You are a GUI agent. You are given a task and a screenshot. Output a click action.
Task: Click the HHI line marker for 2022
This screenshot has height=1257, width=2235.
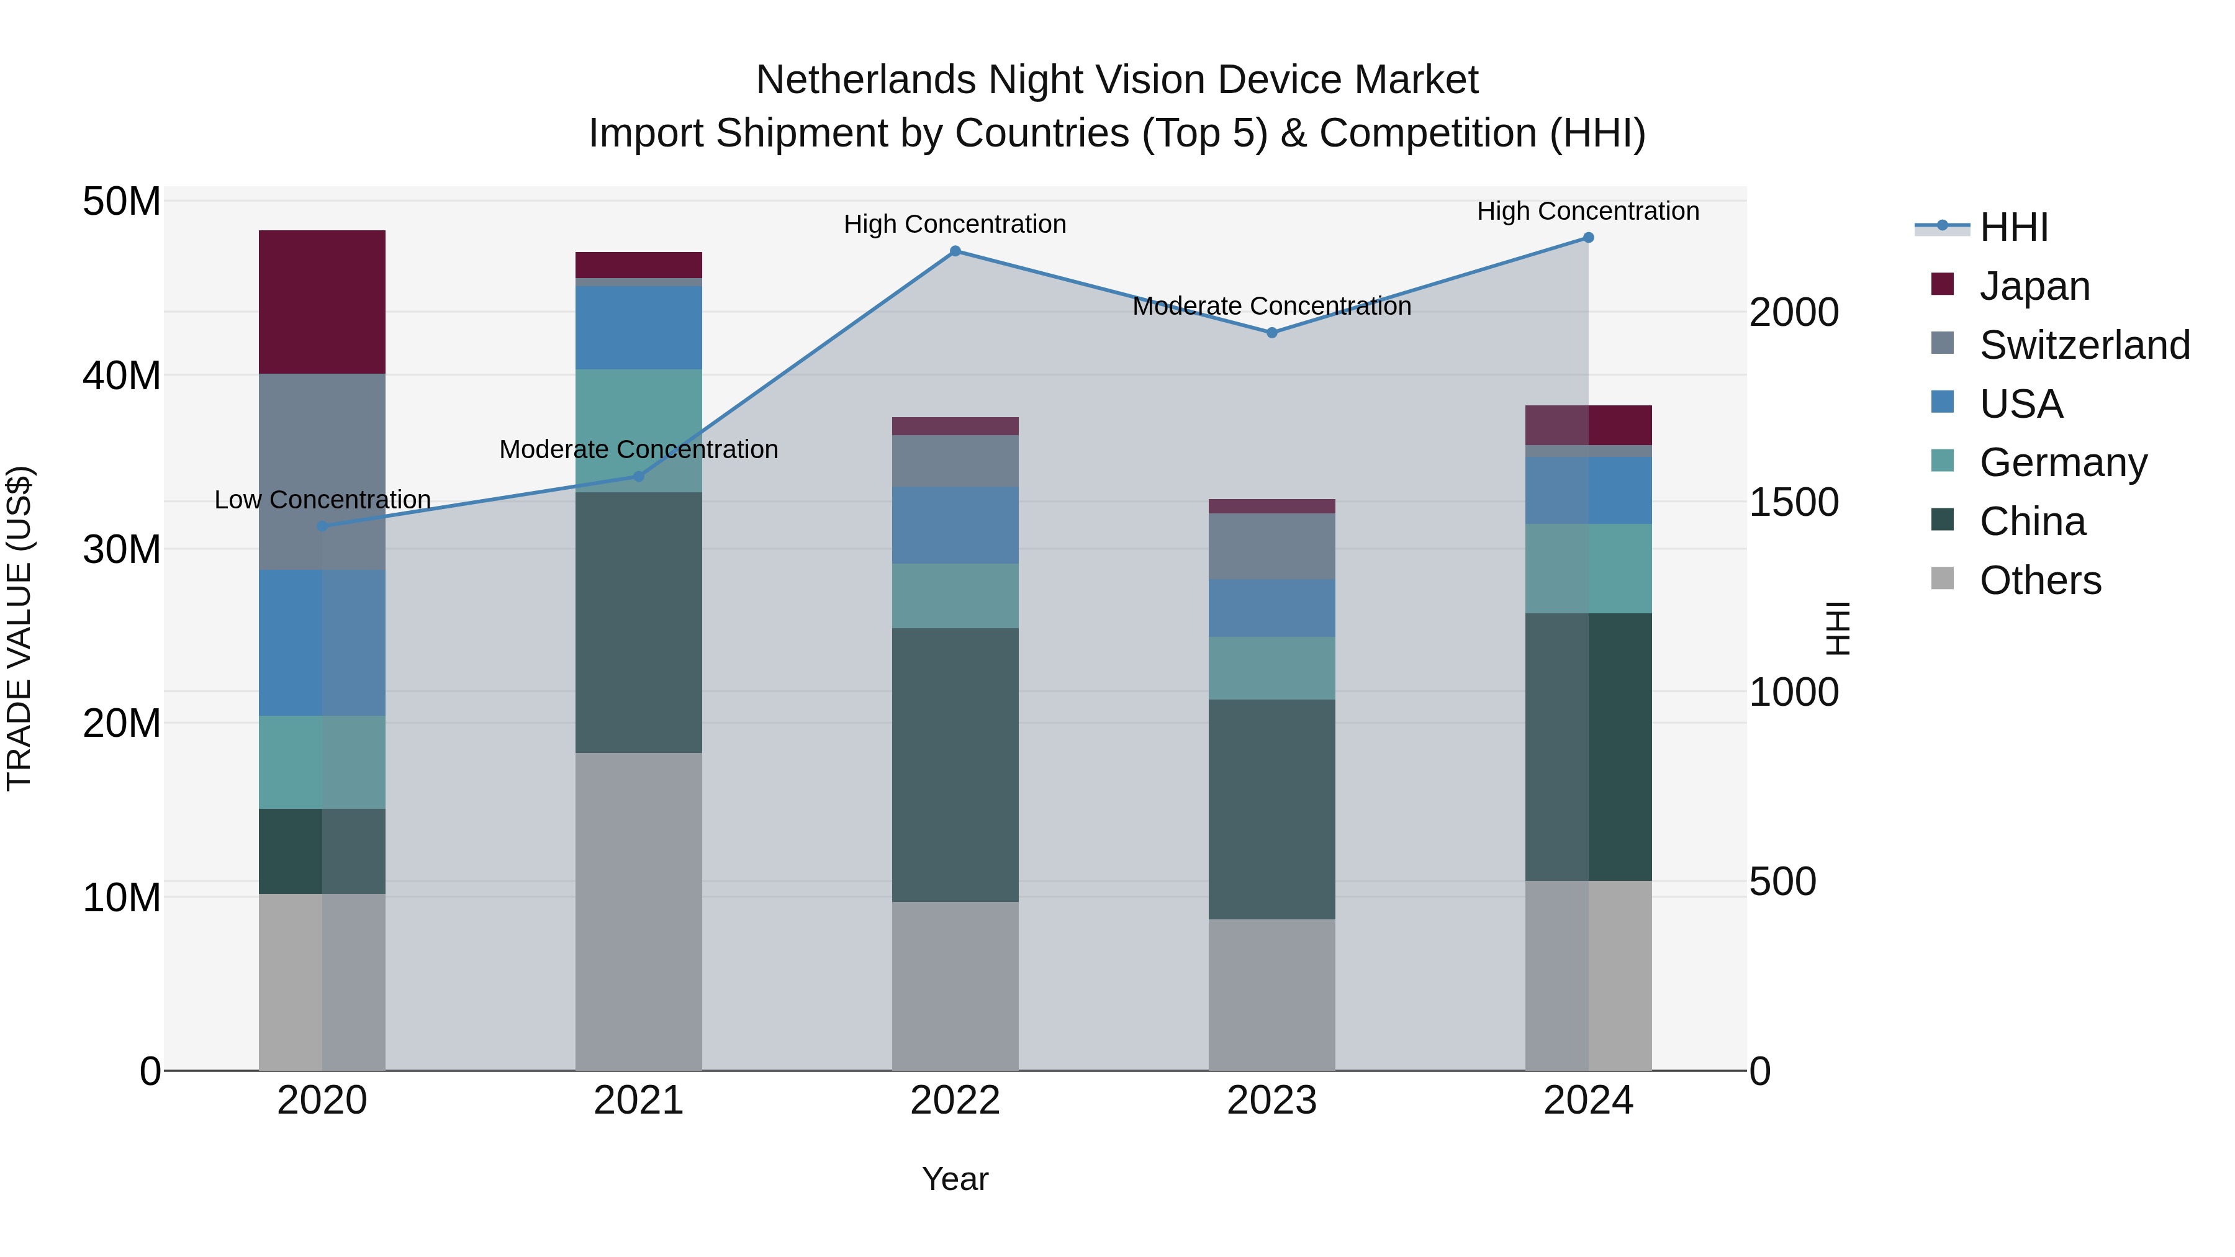pos(954,251)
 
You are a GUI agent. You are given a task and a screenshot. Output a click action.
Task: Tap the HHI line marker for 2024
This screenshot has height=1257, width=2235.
pos(1587,237)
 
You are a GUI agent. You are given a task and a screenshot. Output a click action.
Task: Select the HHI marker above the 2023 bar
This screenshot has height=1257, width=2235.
pos(1271,332)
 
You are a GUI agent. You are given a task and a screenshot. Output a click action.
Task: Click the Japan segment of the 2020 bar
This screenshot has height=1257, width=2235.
pos(322,302)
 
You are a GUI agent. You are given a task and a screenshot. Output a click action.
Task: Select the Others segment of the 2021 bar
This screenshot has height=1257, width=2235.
pos(639,911)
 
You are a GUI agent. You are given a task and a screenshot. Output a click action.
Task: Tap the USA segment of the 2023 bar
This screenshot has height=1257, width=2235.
pos(1271,608)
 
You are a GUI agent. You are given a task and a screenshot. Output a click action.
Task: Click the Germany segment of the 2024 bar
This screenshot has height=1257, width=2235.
pos(1587,568)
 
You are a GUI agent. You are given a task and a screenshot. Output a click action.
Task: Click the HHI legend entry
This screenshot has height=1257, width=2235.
pos(2013,227)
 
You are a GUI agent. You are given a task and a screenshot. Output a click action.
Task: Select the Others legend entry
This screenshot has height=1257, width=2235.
pos(2039,580)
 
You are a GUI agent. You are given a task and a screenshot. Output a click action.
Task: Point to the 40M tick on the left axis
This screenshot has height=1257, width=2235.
pos(122,376)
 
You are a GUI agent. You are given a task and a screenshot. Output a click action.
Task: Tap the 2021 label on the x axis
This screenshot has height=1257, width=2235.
pos(639,1101)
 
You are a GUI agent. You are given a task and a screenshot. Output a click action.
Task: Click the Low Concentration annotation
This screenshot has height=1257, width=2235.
pos(322,500)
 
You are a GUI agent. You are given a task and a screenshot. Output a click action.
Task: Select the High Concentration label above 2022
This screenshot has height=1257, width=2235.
pos(954,224)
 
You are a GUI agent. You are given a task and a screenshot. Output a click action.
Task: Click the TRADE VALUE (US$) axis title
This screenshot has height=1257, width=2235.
pos(19,628)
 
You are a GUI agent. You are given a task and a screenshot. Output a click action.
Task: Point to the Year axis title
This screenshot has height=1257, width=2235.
pos(954,1179)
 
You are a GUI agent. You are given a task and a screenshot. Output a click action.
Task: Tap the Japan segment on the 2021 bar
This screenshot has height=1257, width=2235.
pos(639,264)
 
